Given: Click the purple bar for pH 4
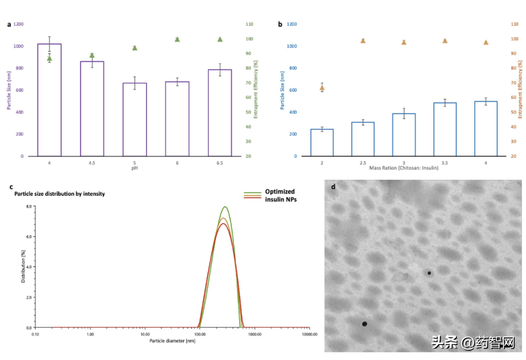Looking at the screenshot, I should coord(49,100).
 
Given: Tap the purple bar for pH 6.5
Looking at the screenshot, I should coord(220,113).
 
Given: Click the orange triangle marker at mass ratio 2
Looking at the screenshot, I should coord(322,88).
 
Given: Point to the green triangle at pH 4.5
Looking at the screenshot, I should coord(92,55).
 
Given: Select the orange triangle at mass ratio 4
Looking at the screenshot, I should coord(486,42).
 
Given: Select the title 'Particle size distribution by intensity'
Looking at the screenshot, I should coord(59,193).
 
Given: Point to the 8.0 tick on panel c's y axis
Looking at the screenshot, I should coord(28,207).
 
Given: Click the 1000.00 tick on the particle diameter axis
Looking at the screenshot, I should coord(255,335).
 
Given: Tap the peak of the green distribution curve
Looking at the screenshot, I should coord(225,207).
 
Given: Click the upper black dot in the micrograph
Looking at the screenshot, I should coord(429,273).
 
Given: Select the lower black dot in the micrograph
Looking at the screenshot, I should coord(364,324).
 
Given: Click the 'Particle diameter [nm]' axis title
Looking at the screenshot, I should coord(172,341).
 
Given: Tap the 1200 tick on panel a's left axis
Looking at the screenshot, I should coord(18,24).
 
